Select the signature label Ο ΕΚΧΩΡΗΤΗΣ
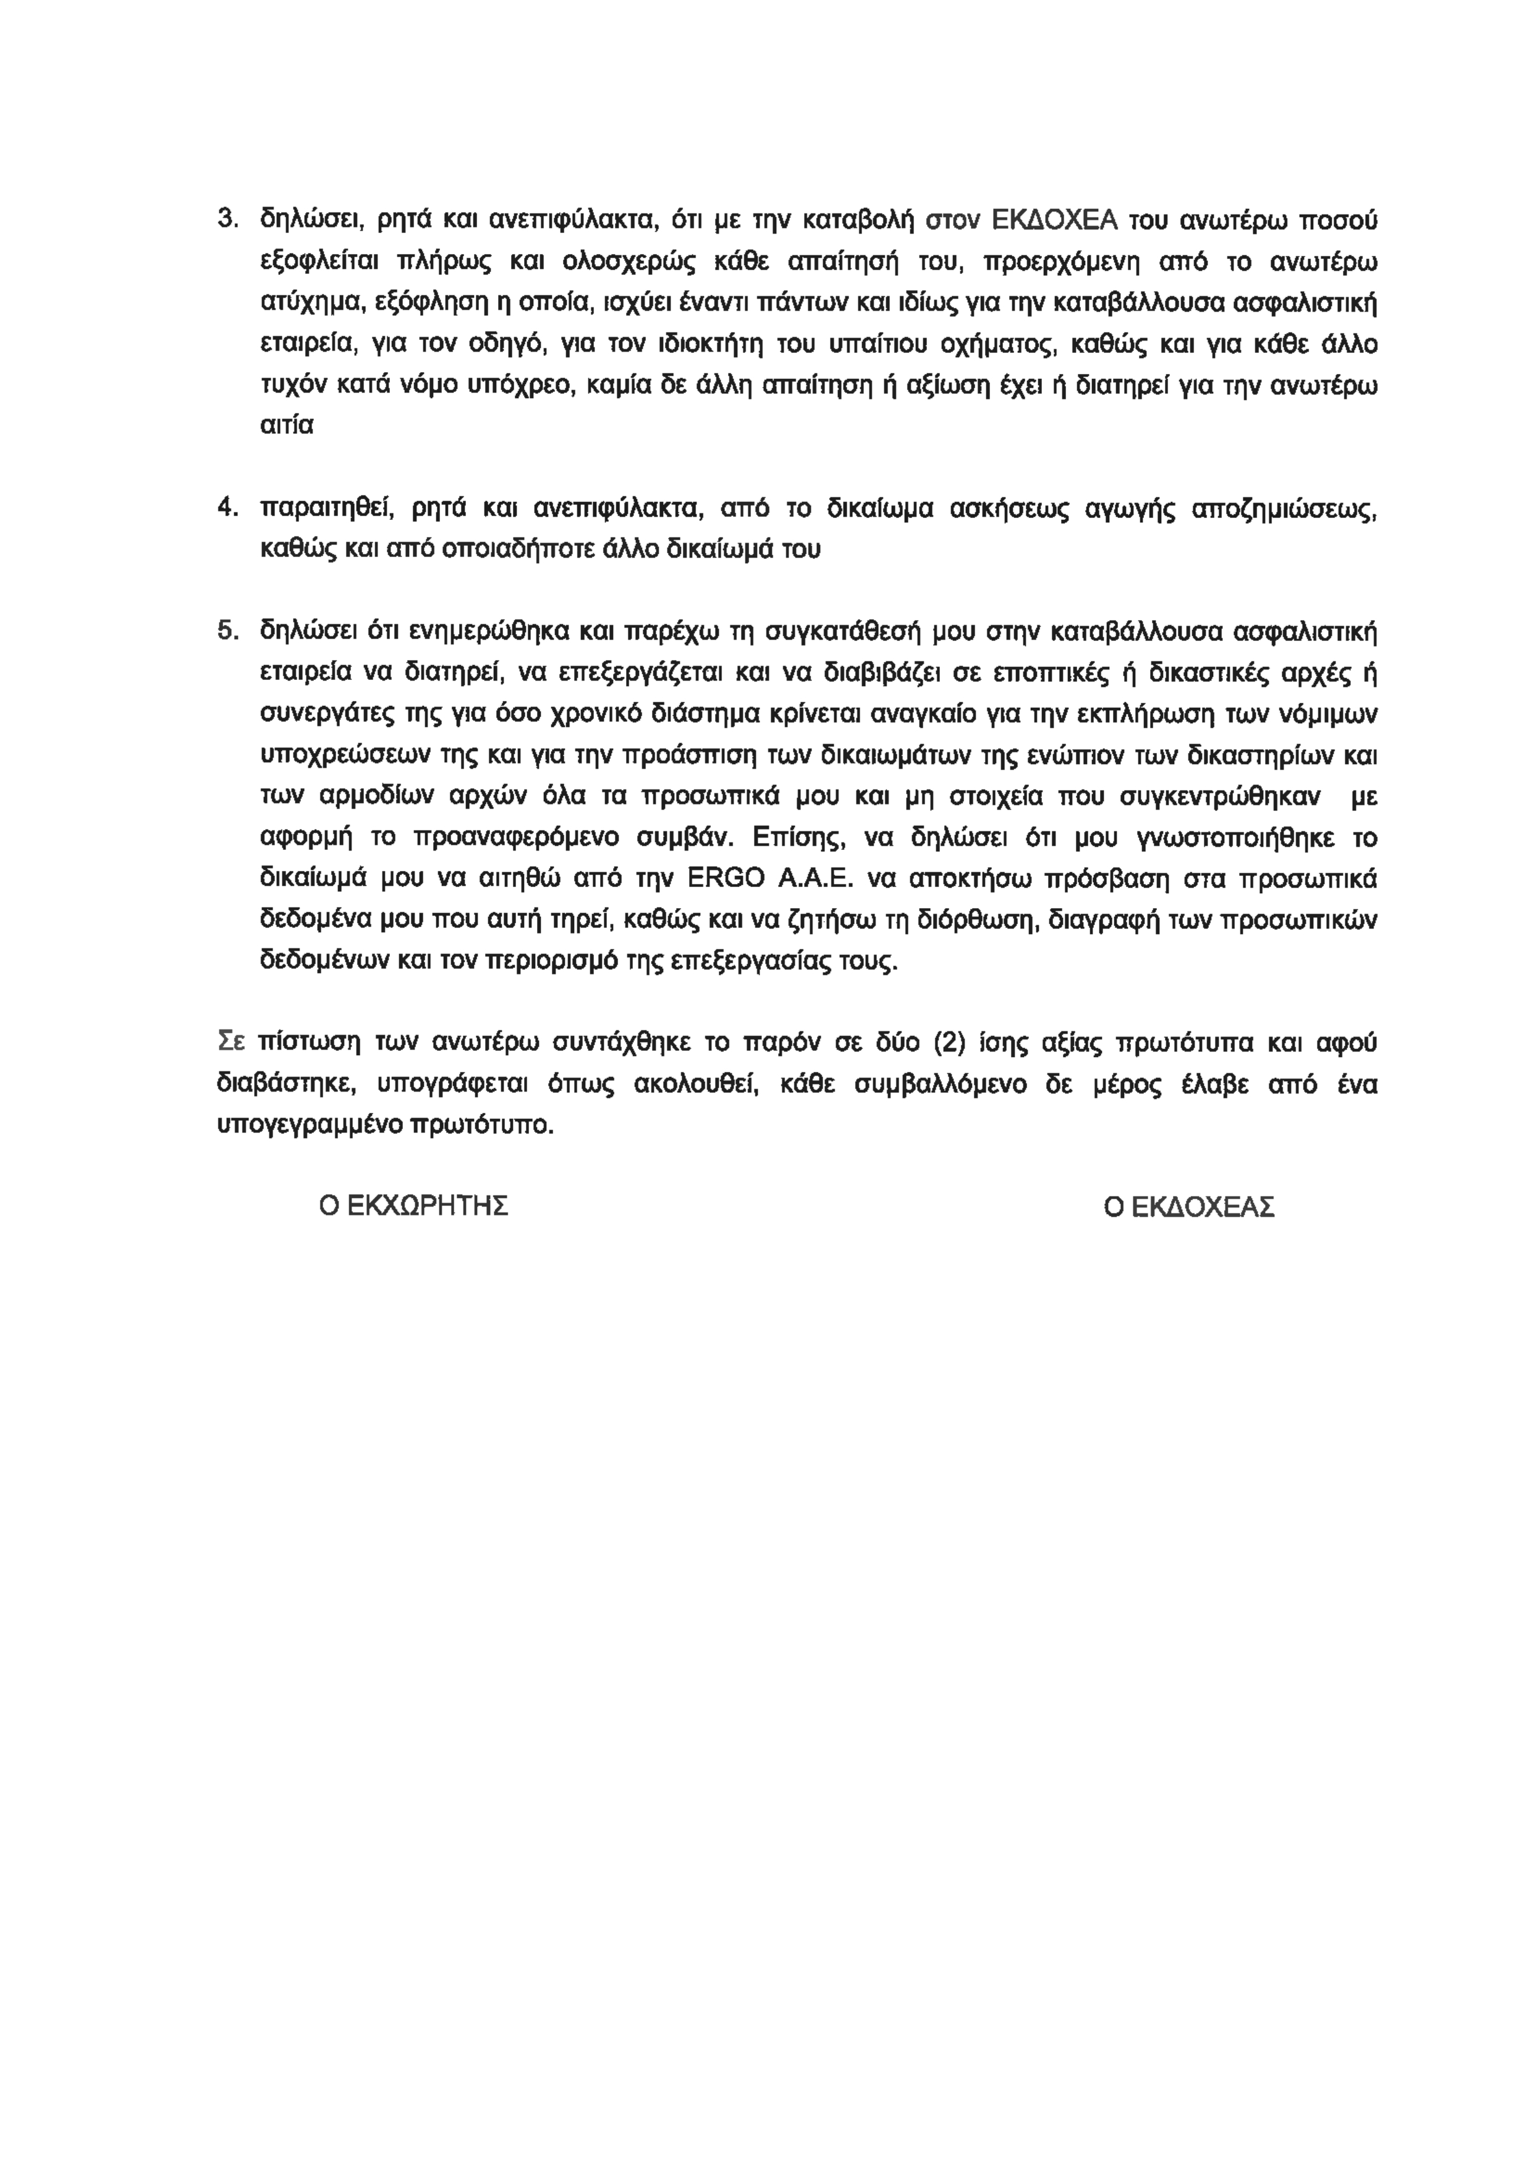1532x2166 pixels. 414,1207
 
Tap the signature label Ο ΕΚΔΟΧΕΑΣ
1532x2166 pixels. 1188,1207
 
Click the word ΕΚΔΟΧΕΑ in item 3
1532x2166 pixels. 1056,221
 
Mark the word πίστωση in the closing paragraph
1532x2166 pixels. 310,1043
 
